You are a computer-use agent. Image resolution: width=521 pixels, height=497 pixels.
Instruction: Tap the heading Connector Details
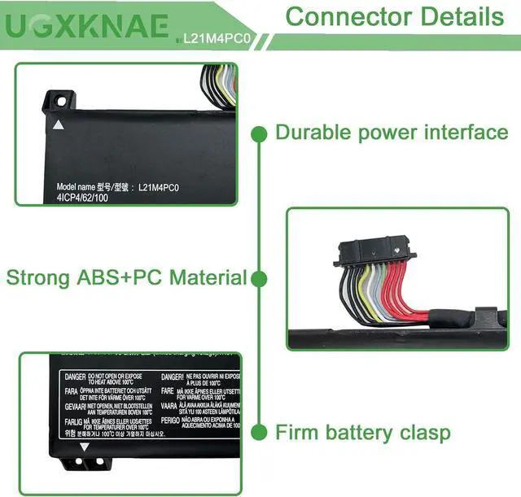(395, 16)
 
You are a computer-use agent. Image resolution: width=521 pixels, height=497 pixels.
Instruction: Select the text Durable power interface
(392, 132)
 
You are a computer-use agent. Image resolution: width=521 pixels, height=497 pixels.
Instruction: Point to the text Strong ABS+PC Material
(126, 277)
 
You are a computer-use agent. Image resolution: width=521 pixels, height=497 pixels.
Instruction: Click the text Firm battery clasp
(362, 431)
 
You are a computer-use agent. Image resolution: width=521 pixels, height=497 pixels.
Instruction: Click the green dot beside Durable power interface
(259, 133)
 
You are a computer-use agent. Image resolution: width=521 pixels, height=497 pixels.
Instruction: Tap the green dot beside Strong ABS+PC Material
(259, 279)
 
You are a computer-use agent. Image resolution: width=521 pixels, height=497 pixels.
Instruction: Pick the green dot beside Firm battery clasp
(259, 431)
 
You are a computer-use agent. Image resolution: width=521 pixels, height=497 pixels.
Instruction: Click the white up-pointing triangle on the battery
(58, 125)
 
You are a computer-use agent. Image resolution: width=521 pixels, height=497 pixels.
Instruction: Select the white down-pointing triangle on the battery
(84, 447)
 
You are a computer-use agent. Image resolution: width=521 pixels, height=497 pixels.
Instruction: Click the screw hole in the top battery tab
(59, 102)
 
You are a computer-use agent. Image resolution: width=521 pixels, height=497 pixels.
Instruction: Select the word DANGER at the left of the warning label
(75, 377)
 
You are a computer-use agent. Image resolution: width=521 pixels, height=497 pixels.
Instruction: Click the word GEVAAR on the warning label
(76, 404)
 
